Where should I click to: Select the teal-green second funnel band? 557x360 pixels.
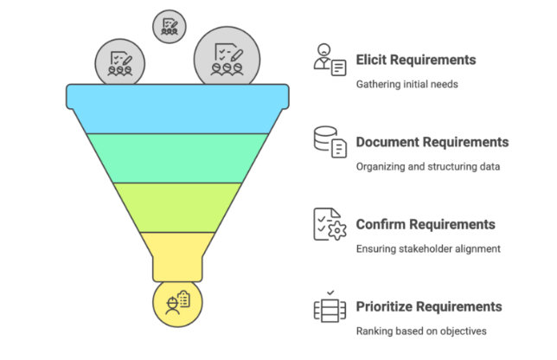coord(177,157)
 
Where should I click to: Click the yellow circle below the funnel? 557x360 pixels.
coord(177,304)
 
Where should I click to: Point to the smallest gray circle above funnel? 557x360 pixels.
coord(170,26)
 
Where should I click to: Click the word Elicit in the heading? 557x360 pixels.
coord(372,61)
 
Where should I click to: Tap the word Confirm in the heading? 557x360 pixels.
coord(381,225)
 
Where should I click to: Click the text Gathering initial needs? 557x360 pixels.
coord(407,85)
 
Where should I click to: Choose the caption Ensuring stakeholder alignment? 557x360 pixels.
coord(427,249)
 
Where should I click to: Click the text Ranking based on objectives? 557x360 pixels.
coord(421,331)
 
